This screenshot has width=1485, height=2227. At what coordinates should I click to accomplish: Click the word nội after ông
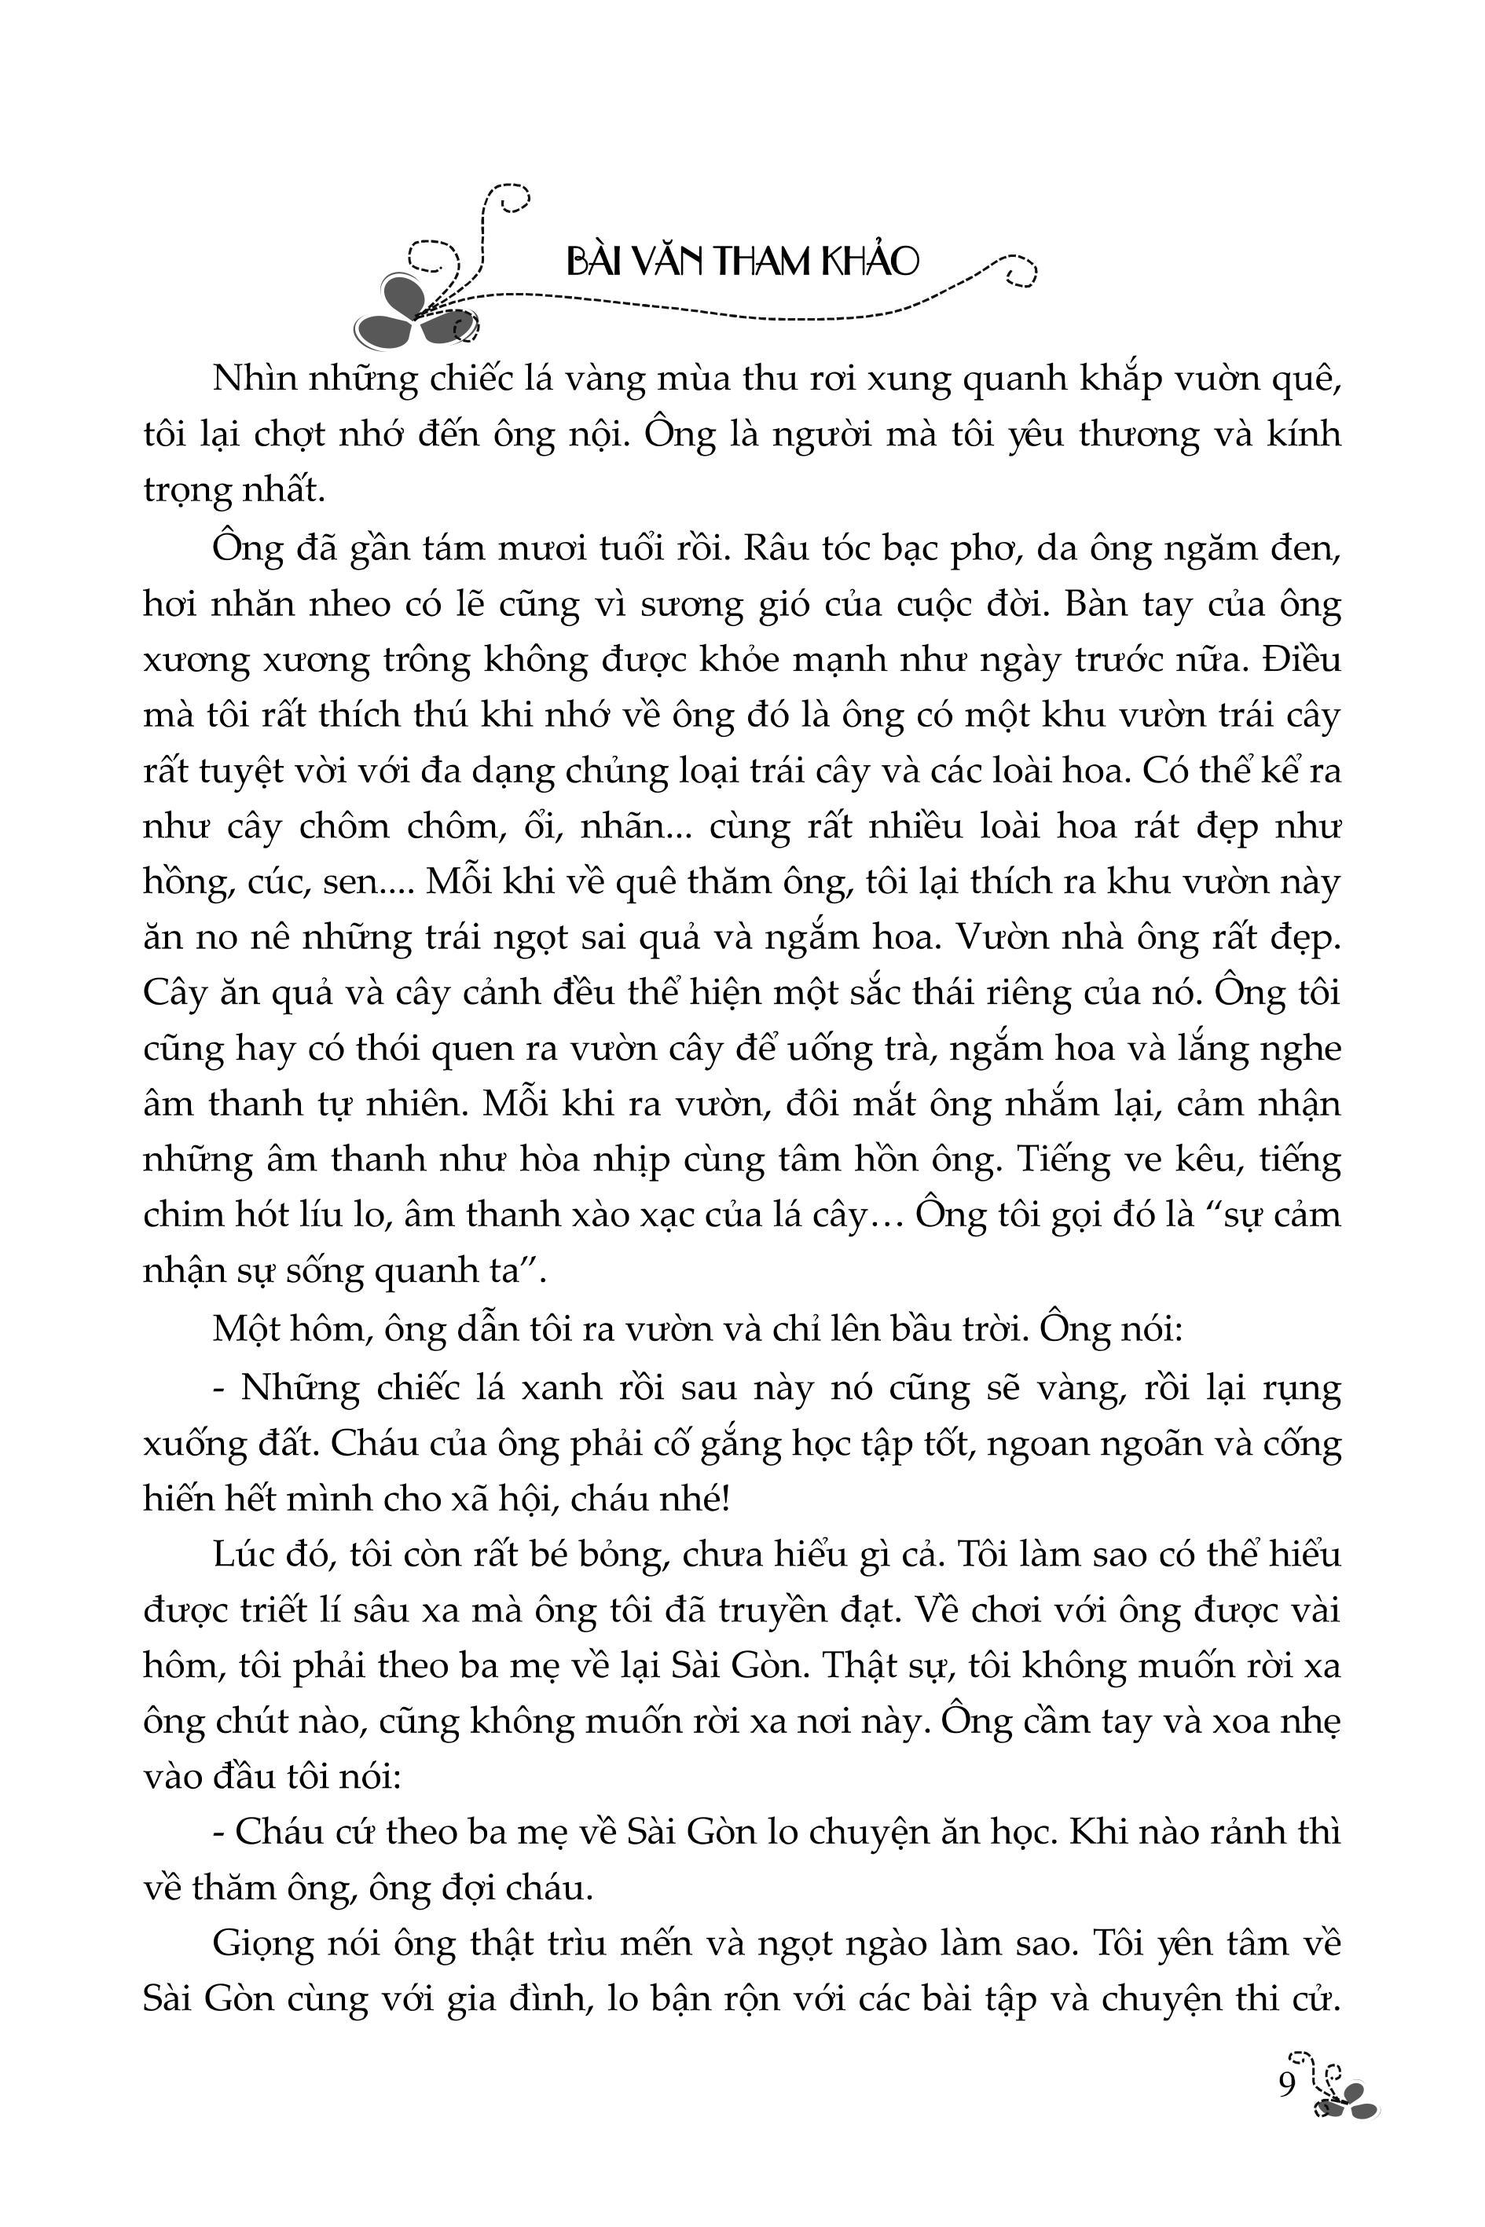(x=593, y=435)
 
